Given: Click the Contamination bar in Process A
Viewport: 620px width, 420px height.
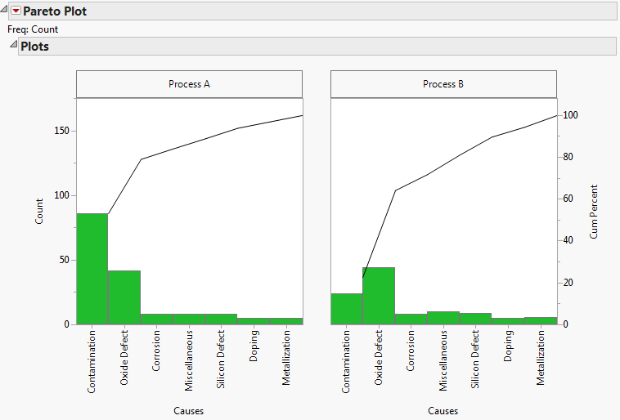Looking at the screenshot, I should pyautogui.click(x=92, y=269).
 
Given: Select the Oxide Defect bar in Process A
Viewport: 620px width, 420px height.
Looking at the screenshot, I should pyautogui.click(x=124, y=297).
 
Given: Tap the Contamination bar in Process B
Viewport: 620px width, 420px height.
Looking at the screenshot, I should pyautogui.click(x=346, y=309).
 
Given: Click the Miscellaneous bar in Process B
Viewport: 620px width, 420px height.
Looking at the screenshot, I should pyautogui.click(x=443, y=318).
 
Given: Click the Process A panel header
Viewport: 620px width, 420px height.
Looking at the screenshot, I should pyautogui.click(x=189, y=84).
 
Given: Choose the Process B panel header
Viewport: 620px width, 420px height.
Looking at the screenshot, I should pyautogui.click(x=443, y=84).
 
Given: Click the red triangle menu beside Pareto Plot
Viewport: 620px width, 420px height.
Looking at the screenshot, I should pyautogui.click(x=15, y=11).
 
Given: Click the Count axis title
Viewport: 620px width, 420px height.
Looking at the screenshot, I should pyautogui.click(x=40, y=211).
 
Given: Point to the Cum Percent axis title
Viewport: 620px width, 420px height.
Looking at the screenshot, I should pyautogui.click(x=595, y=211).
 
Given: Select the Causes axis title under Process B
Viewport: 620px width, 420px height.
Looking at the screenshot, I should pyautogui.click(x=443, y=411).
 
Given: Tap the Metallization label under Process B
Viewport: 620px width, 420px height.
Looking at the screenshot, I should pyautogui.click(x=541, y=359).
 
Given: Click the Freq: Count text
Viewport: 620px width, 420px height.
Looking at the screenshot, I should pyautogui.click(x=33, y=29).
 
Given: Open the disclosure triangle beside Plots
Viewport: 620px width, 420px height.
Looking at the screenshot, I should pyautogui.click(x=13, y=46).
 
